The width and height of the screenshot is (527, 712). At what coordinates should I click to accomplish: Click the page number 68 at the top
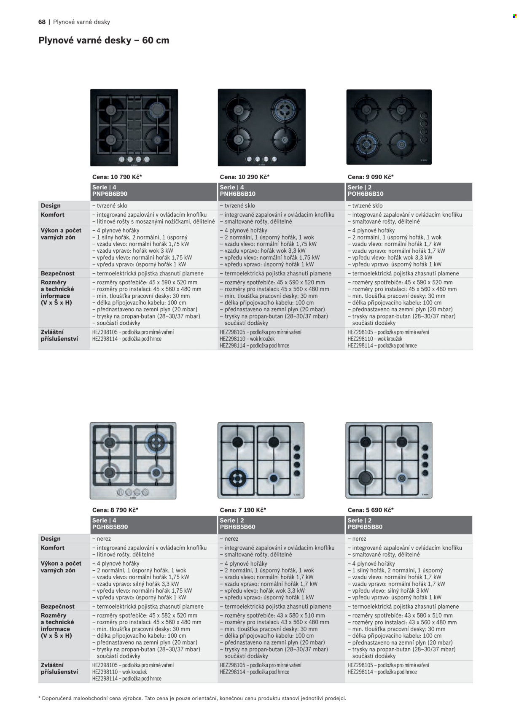pyautogui.click(x=42, y=22)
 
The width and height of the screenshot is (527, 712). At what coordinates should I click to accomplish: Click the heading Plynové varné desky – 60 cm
pyautogui.click(x=104, y=40)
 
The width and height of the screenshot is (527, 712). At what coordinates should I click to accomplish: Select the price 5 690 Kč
pyautogui.click(x=378, y=510)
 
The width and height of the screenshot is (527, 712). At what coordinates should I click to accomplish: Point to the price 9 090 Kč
pyautogui.click(x=378, y=177)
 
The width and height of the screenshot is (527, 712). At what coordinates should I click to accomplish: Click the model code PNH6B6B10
pyautogui.click(x=237, y=194)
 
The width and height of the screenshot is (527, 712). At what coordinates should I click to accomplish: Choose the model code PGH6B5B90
pyautogui.click(x=110, y=527)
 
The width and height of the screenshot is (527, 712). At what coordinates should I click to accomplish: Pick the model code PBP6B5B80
pyautogui.click(x=365, y=527)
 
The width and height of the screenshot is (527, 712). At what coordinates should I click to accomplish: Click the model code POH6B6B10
pyautogui.click(x=365, y=194)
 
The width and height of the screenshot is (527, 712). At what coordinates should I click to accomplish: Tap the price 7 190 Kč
pyautogui.click(x=250, y=510)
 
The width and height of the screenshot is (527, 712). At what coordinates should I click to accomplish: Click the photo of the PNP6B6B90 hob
pyautogui.click(x=134, y=127)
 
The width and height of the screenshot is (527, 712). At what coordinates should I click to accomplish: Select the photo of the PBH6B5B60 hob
pyautogui.click(x=261, y=460)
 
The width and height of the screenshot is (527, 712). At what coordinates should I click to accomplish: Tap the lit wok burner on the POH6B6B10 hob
pyautogui.click(x=366, y=144)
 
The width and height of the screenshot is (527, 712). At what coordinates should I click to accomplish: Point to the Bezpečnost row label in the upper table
pyautogui.click(x=57, y=273)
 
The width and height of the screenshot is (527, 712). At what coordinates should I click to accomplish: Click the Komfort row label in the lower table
pyautogui.click(x=52, y=548)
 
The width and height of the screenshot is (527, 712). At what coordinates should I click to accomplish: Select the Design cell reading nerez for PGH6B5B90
pyautogui.click(x=102, y=539)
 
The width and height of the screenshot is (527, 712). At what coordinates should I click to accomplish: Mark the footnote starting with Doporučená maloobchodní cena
pyautogui.click(x=192, y=698)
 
